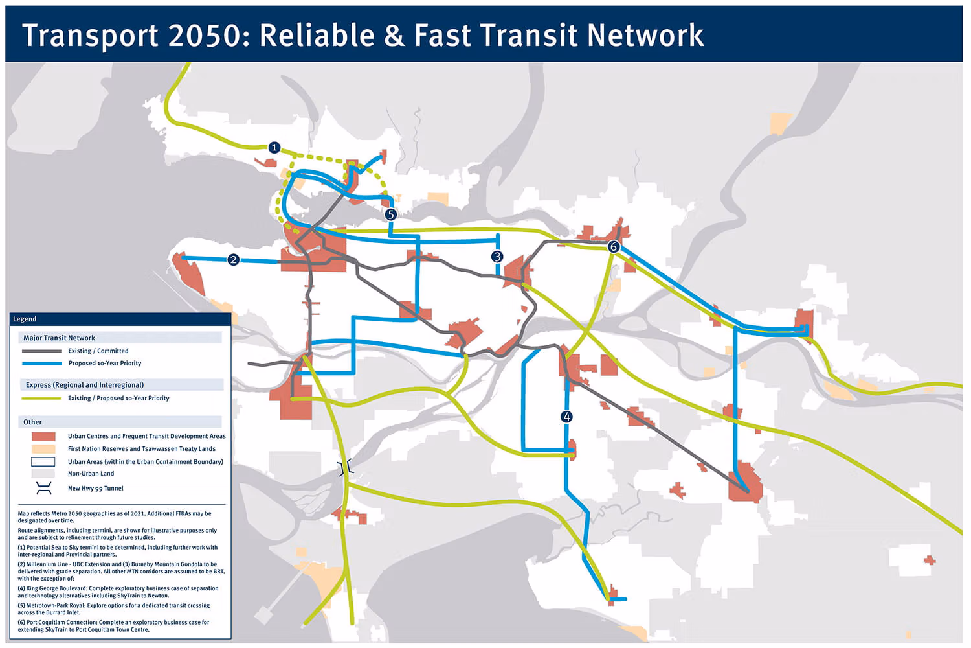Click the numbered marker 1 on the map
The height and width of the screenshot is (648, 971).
click(274, 148)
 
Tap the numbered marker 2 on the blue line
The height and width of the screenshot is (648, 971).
click(234, 260)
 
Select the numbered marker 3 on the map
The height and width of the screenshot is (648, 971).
click(497, 257)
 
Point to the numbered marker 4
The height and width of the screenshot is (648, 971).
click(566, 417)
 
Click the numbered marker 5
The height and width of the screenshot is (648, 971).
click(390, 214)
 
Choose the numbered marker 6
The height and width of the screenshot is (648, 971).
click(614, 247)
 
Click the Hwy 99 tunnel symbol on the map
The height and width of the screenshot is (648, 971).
click(346, 467)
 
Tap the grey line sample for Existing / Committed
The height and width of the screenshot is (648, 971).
click(43, 351)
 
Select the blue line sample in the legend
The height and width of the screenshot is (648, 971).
click(43, 364)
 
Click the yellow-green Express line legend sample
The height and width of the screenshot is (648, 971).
click(43, 399)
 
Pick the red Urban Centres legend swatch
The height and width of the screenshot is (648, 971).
click(43, 437)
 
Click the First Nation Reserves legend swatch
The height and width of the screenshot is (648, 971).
click(43, 449)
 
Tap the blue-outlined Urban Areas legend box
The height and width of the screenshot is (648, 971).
click(43, 462)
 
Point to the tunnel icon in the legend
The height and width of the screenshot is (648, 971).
click(43, 489)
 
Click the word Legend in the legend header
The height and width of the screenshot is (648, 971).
click(25, 319)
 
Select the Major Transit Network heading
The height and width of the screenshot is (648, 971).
click(59, 338)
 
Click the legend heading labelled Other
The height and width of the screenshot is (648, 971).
click(32, 422)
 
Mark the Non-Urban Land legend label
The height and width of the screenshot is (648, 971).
click(91, 474)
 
